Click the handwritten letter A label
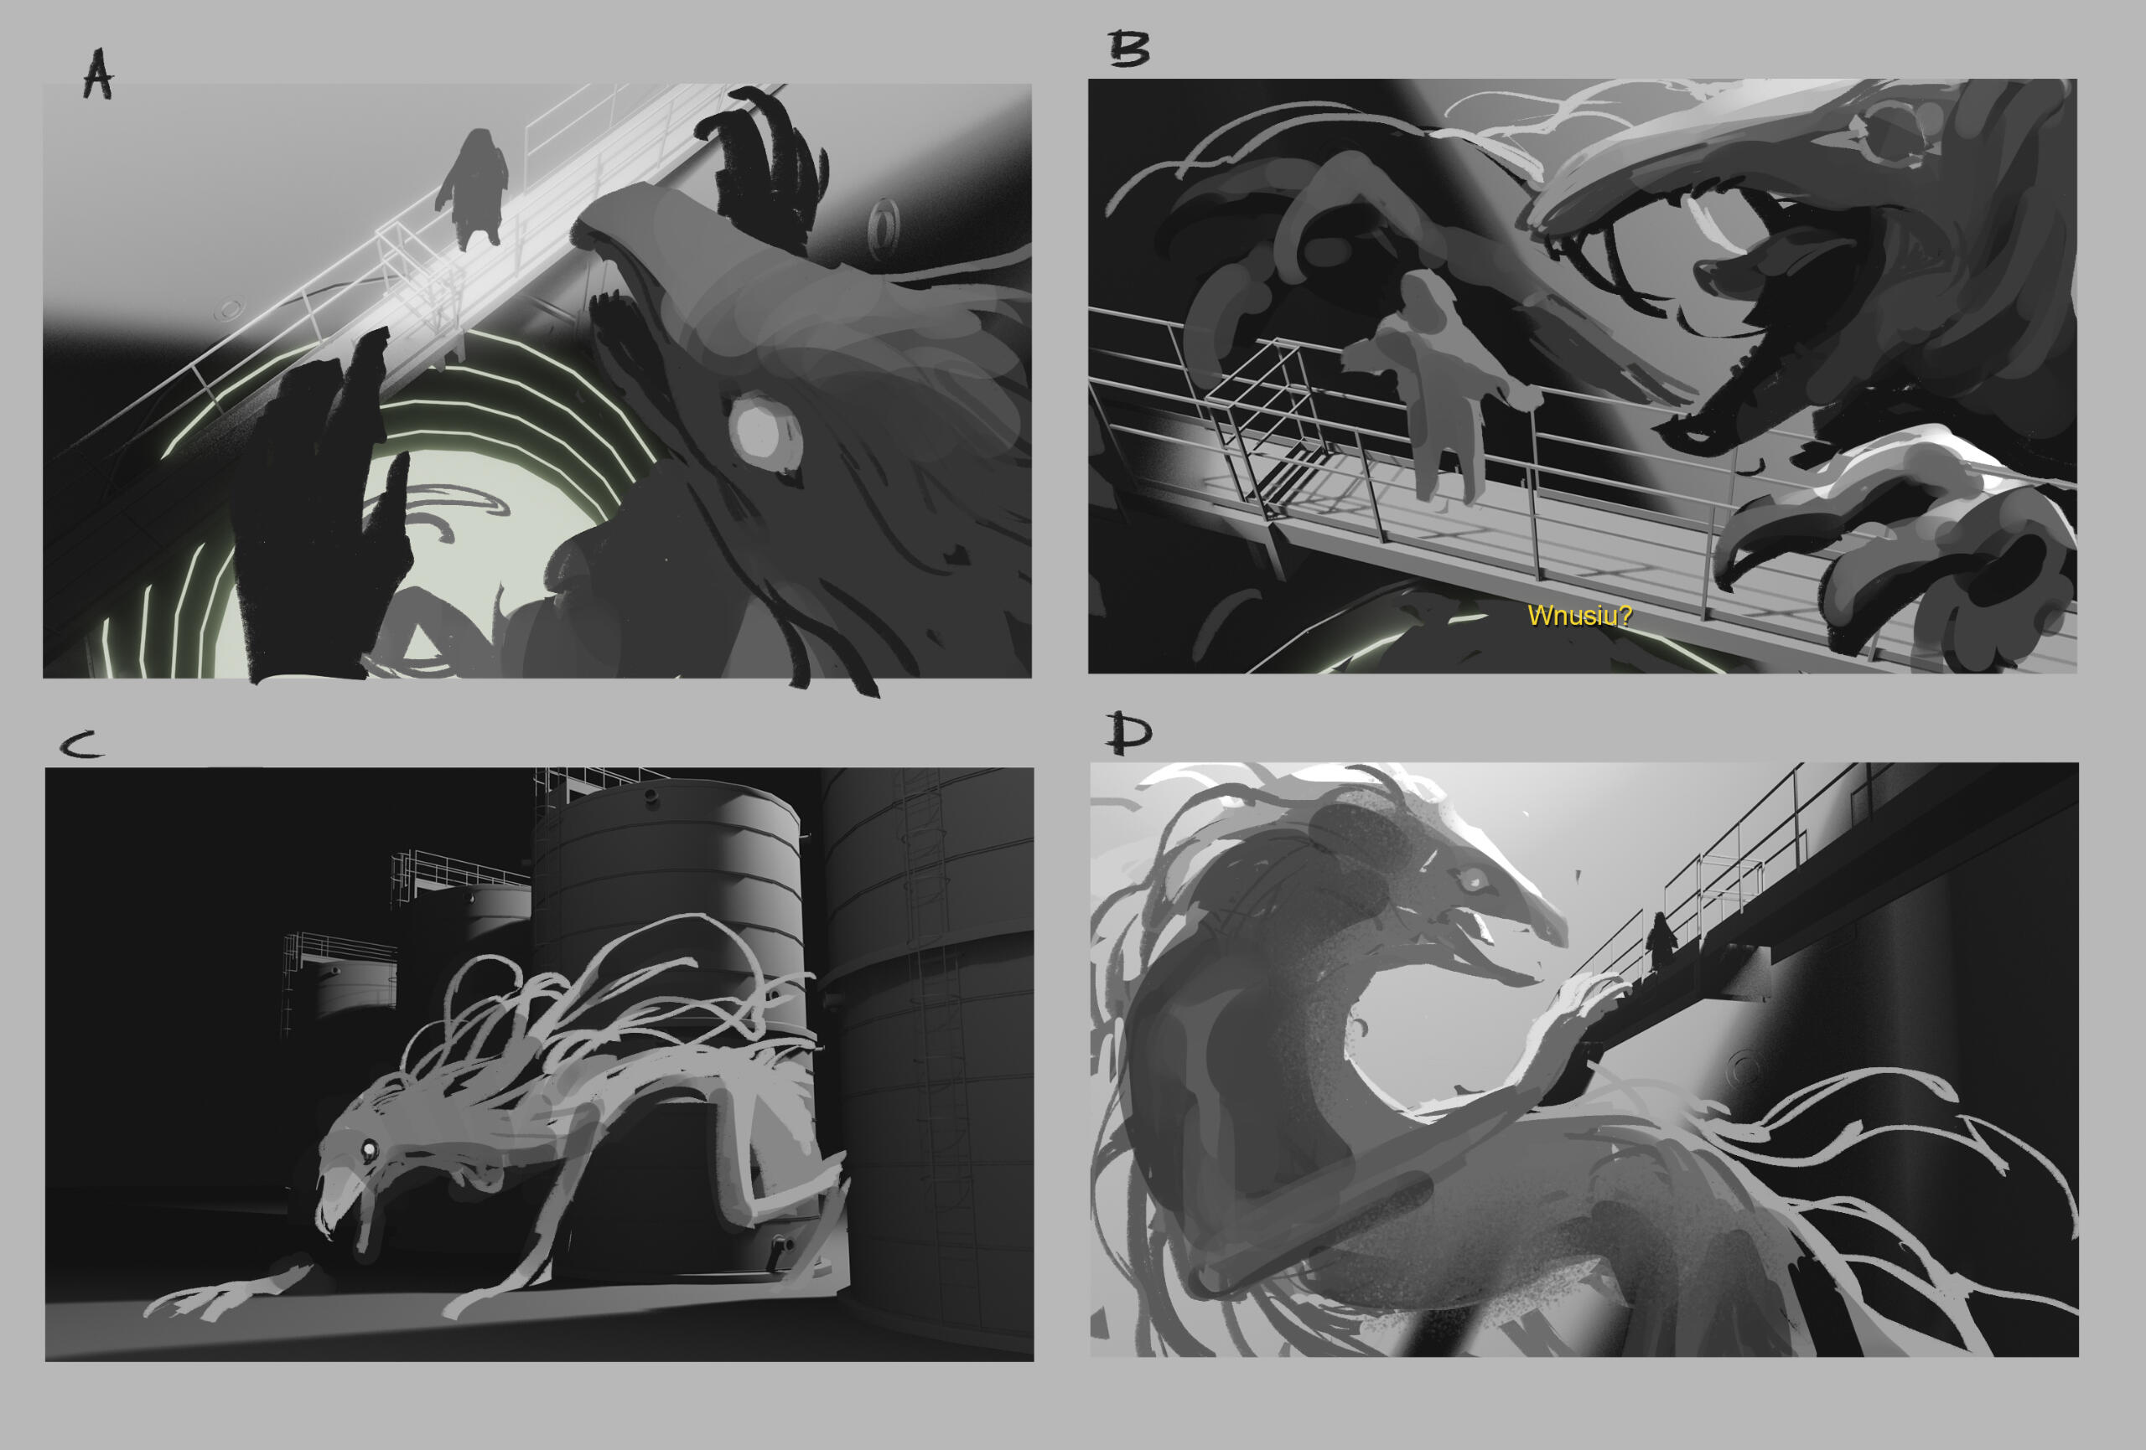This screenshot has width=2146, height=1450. pos(98,73)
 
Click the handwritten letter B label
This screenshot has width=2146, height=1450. pos(1128,48)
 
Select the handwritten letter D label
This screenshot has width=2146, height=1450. pos(1129,733)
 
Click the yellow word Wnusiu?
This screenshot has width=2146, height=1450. pos(1579,616)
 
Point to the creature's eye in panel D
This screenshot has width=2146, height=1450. pos(1471,878)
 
